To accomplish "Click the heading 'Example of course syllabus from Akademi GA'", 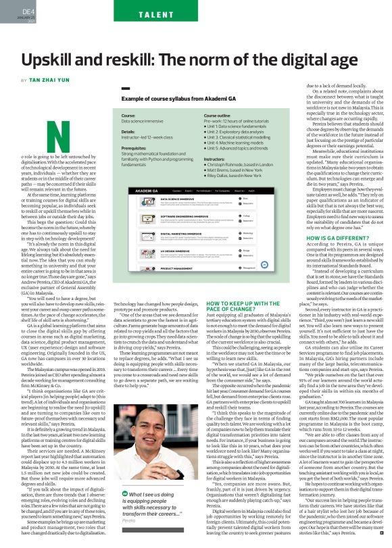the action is coord(174,98).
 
